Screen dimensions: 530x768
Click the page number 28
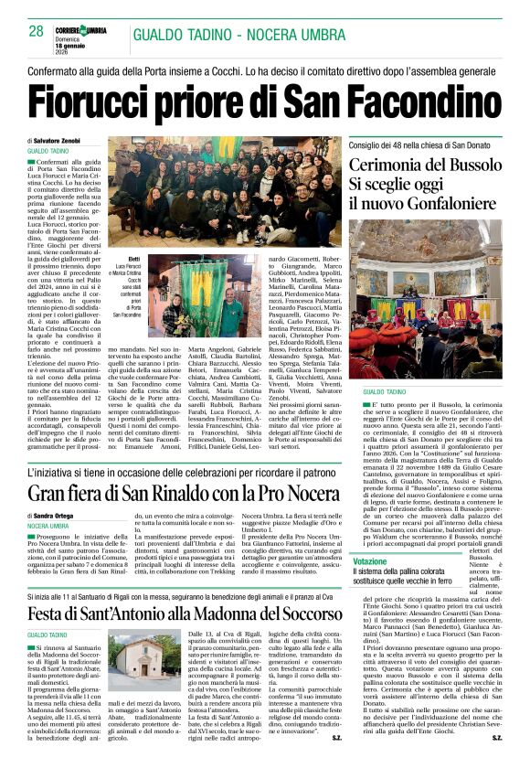coord(37,31)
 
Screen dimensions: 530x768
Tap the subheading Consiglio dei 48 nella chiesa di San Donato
coord(425,144)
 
